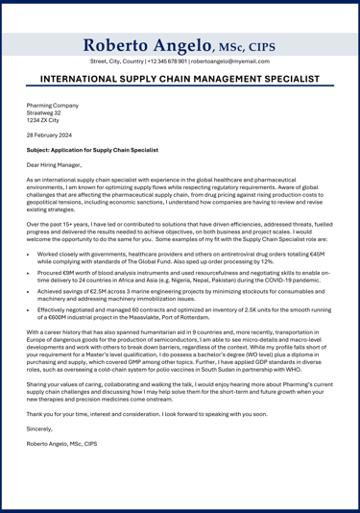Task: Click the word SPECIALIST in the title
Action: click(x=284, y=80)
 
